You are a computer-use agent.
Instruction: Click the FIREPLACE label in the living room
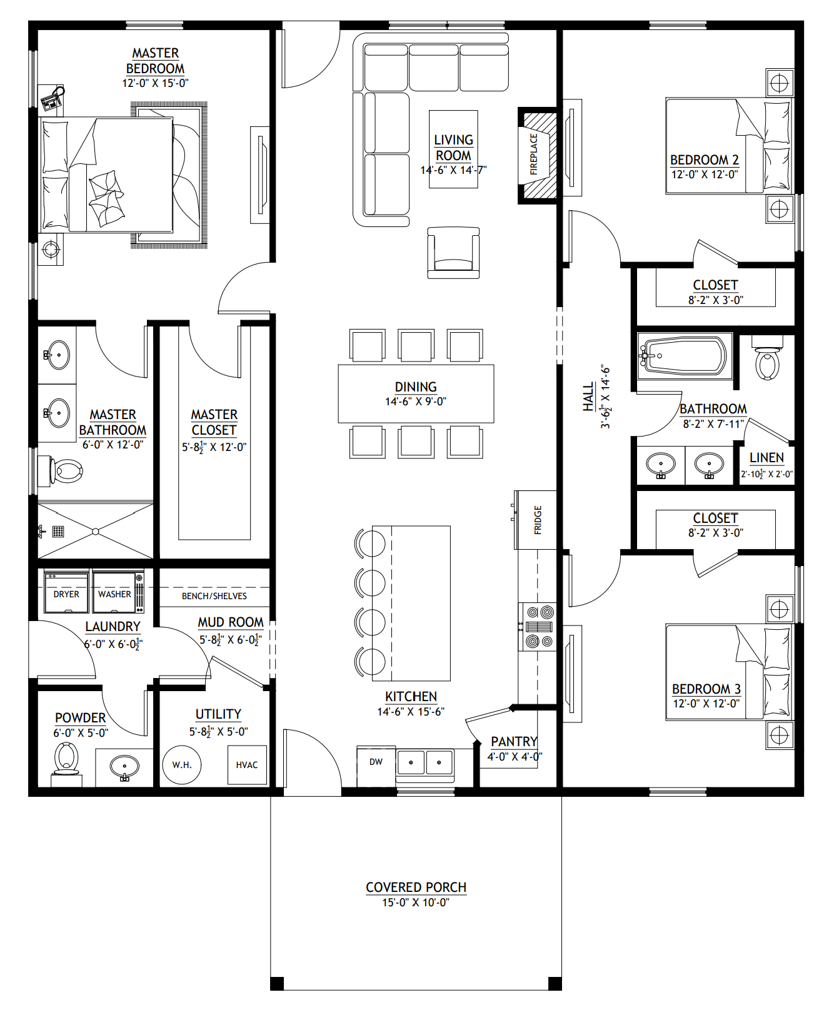(533, 154)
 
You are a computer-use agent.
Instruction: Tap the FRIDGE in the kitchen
(536, 520)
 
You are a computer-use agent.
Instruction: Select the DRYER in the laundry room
(66, 593)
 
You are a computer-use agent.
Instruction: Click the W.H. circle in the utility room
(182, 764)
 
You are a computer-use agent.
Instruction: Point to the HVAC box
(247, 764)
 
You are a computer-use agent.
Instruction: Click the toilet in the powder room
(66, 759)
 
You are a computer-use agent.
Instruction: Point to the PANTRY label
(514, 741)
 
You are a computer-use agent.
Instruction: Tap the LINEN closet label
(766, 458)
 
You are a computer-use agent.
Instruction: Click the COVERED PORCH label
(416, 887)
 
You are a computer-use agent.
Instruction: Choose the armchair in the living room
(453, 252)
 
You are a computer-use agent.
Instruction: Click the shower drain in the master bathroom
(58, 532)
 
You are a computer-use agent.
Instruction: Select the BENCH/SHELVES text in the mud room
(214, 596)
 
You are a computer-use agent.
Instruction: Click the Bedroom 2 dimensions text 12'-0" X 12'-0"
(705, 175)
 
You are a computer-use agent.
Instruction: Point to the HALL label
(588, 397)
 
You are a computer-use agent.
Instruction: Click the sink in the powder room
(124, 767)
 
